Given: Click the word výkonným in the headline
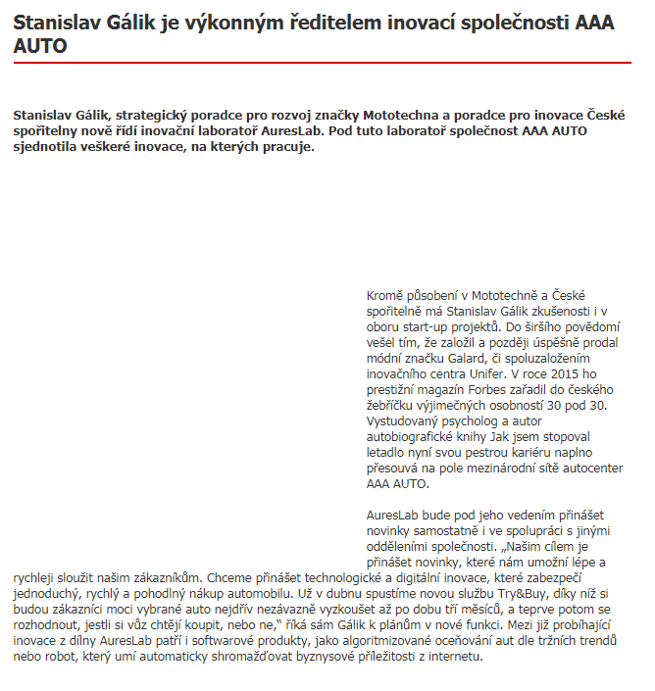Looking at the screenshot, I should [247, 23].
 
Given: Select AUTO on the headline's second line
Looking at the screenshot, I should [40, 45].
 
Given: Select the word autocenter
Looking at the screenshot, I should [580, 468].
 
